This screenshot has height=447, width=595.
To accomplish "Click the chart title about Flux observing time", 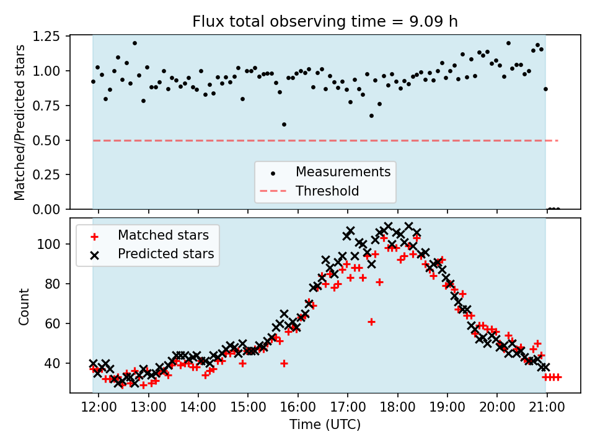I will coord(325,22).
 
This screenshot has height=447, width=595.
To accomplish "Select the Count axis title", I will coord(24,306).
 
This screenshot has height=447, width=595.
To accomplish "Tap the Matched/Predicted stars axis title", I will coord(20,122).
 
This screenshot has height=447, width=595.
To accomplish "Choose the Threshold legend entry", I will coord(327,191).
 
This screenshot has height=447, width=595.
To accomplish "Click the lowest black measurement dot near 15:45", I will coord(284,124).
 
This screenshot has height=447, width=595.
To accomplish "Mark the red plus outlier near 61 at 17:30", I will coord(371,322).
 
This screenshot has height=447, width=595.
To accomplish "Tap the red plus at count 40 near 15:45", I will coord(284,363).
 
